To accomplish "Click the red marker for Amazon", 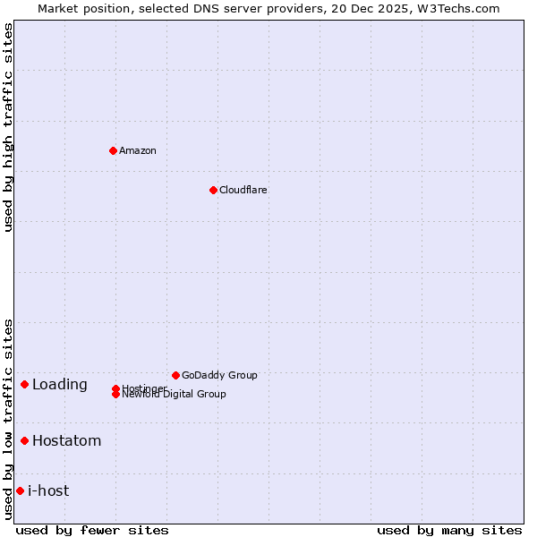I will point(113,150).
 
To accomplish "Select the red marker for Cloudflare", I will point(213,190).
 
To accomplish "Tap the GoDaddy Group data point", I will point(175,375).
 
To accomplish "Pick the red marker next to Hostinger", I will point(115,388).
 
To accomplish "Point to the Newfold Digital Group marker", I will point(115,395).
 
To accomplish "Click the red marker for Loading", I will point(24,384).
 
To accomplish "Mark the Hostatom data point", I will point(24,440).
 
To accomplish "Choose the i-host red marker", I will point(20,490).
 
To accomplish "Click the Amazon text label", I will point(138,150).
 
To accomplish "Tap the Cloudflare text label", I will point(243,190).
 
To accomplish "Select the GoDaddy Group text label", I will point(219,375).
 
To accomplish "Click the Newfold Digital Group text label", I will point(175,395).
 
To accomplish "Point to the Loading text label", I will point(60,385).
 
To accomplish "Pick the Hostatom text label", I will point(67,440).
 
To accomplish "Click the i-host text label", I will point(48,490).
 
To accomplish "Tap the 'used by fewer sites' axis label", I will point(92,530).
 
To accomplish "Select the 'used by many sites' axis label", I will point(449,530).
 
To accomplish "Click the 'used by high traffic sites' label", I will point(9,127).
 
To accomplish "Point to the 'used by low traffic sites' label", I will point(9,419).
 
